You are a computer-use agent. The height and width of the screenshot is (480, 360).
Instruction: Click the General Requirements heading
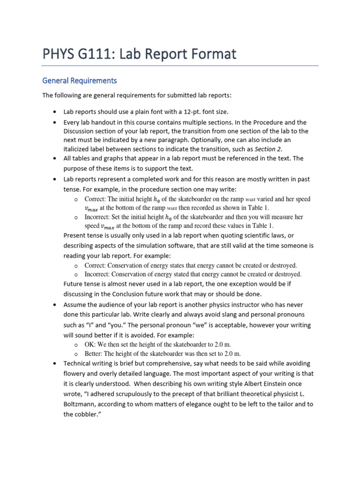click(x=79, y=81)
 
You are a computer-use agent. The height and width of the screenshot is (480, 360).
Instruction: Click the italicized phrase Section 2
click(x=268, y=149)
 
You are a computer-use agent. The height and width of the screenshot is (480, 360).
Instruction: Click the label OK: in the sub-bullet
click(x=90, y=345)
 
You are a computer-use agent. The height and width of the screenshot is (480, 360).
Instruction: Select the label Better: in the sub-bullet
click(x=94, y=353)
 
